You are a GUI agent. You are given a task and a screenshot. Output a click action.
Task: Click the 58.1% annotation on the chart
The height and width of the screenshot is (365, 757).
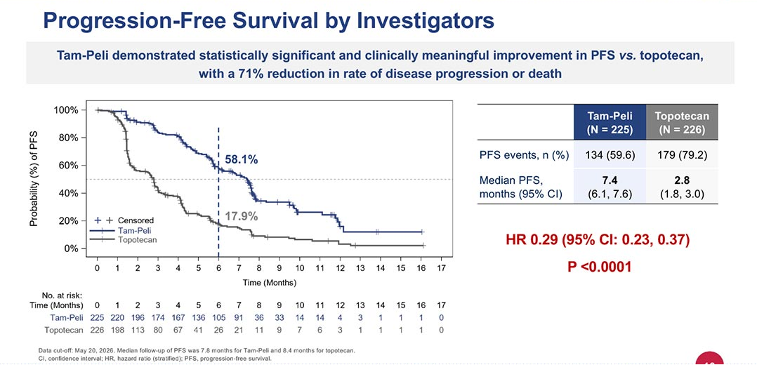click(242, 160)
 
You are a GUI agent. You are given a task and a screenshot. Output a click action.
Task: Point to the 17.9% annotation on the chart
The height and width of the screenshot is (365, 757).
click(242, 216)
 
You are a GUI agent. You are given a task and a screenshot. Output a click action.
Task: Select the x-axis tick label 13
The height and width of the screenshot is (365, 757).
click(360, 267)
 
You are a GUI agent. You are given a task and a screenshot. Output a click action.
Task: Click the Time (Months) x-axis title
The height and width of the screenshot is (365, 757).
click(270, 283)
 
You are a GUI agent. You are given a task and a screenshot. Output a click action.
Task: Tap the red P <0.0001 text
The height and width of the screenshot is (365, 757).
click(599, 267)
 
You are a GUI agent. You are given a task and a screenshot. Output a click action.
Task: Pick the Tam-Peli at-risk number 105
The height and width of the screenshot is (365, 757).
click(218, 317)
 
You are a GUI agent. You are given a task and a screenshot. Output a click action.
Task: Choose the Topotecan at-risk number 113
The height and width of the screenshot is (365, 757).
click(138, 330)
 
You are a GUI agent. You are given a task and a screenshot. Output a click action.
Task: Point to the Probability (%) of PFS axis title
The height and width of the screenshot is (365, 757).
click(33, 178)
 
